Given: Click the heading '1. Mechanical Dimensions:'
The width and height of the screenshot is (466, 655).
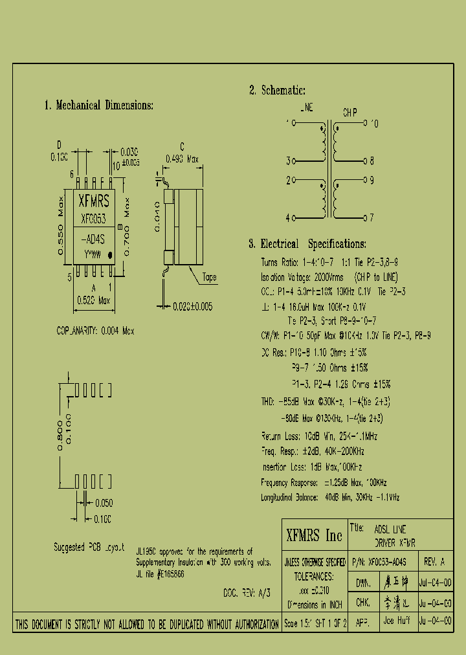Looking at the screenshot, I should coord(98,105).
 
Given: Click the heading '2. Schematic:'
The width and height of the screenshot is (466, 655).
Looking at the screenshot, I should coord(277,91).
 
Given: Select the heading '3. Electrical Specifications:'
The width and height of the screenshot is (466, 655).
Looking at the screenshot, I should coord(307,244).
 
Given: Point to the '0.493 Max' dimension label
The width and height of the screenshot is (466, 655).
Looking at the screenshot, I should coord(184,158).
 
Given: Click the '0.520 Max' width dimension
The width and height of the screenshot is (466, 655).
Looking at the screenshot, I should coord(94,300).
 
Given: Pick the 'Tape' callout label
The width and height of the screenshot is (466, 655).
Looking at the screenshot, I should coord(210,277).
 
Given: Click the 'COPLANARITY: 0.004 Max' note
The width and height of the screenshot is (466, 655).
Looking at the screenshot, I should coord(95,331).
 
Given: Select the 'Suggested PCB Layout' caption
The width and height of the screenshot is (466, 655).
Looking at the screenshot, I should coord(89,547).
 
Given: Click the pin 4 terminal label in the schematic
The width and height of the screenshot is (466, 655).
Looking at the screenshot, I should coord(289,218).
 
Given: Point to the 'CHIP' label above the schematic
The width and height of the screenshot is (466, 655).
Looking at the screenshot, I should coord(349,112).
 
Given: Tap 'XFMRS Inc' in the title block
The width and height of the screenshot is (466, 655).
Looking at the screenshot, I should coord(314,535).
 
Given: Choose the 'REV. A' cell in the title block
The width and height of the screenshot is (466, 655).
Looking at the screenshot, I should coord(434,561).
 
